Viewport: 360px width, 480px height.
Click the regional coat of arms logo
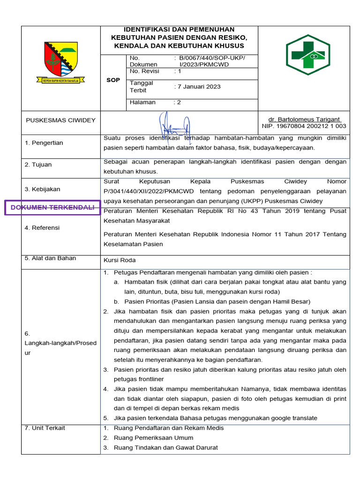click(x=61, y=62)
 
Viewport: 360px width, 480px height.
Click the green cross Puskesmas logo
click(x=308, y=55)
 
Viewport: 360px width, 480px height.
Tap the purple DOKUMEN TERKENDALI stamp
click(x=52, y=207)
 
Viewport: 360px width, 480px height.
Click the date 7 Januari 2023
click(x=198, y=87)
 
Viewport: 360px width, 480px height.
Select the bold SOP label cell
click(x=113, y=80)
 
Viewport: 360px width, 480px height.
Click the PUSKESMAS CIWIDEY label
click(x=60, y=120)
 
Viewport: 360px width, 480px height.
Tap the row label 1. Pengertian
click(x=44, y=142)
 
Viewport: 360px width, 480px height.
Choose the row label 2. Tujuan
click(x=38, y=165)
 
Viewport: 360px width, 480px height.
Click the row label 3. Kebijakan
click(x=42, y=189)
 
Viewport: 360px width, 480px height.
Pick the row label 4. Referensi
click(x=42, y=228)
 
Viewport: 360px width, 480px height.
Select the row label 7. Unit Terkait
click(x=45, y=428)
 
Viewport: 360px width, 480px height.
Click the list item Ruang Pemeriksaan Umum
click(x=154, y=438)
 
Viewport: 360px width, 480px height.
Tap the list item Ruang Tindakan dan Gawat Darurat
click(x=166, y=448)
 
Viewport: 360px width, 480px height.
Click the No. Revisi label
click(x=144, y=71)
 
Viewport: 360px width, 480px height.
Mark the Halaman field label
click(x=142, y=102)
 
